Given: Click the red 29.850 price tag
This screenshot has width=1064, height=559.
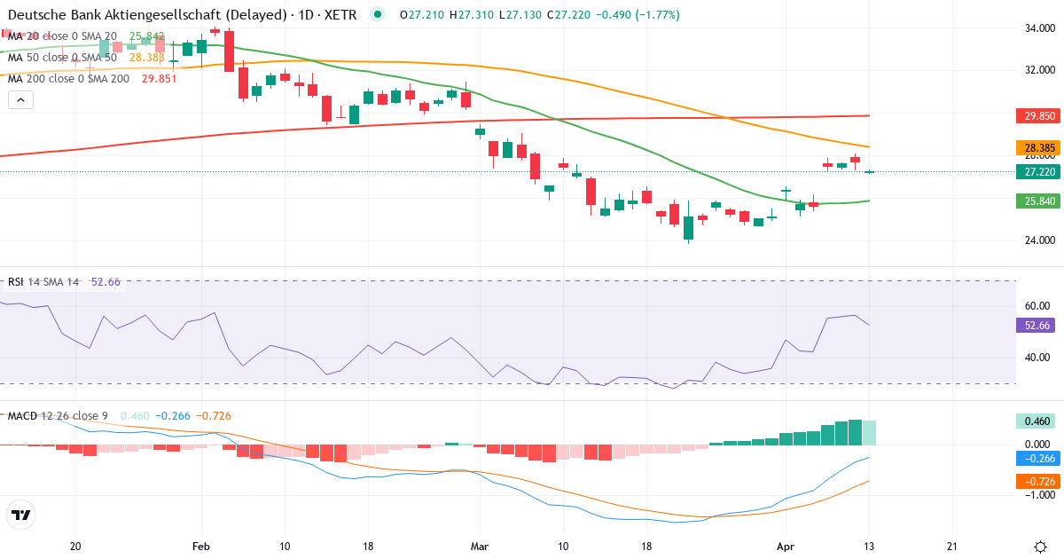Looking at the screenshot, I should pyautogui.click(x=1036, y=115).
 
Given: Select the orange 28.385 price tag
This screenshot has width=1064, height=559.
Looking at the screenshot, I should pyautogui.click(x=1036, y=147).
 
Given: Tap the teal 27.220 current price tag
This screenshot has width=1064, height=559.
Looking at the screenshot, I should pyautogui.click(x=1036, y=171).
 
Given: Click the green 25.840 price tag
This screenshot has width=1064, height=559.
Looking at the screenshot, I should pyautogui.click(x=1036, y=201).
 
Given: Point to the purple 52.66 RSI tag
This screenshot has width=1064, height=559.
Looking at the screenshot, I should pyautogui.click(x=1036, y=326).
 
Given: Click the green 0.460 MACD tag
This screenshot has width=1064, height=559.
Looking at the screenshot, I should pyautogui.click(x=1036, y=421).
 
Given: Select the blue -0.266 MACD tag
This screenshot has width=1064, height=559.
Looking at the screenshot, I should pyautogui.click(x=1036, y=458).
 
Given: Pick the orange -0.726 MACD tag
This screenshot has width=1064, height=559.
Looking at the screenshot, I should pyautogui.click(x=1036, y=480).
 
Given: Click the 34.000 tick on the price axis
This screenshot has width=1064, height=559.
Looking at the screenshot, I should pyautogui.click(x=1033, y=28).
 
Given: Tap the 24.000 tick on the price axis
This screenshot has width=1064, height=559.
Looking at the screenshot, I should pyautogui.click(x=1033, y=240).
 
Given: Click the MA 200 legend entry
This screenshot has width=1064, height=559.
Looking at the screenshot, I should pyautogui.click(x=68, y=78).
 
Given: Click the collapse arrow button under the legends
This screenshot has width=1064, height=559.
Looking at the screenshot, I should pyautogui.click(x=20, y=99).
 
